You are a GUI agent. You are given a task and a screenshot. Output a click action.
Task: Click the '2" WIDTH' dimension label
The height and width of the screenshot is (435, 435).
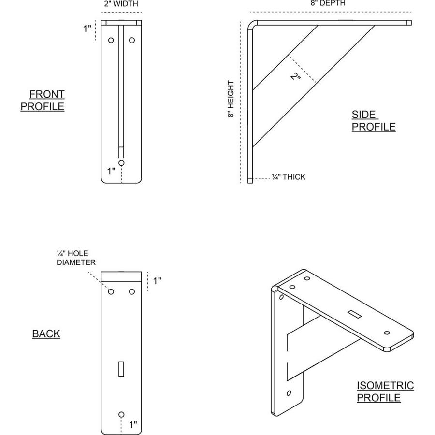[121, 4]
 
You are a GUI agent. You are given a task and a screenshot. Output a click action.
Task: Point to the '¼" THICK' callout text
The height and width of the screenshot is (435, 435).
[289, 177]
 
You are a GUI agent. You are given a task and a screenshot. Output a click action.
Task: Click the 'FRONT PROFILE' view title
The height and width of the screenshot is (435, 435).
[43, 100]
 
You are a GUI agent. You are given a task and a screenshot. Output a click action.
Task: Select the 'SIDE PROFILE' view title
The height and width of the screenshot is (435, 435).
[373, 121]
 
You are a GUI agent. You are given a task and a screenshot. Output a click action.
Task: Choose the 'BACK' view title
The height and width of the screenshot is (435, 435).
[46, 334]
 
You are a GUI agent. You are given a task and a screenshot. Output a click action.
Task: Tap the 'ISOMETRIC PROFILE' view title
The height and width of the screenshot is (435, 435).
[385, 391]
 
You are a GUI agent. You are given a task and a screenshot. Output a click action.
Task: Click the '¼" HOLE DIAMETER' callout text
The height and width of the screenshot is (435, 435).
[76, 258]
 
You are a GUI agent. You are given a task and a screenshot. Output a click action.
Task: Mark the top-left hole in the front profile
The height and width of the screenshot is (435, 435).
[111, 41]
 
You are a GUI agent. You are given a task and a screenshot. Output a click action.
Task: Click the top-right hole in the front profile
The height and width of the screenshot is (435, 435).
[131, 41]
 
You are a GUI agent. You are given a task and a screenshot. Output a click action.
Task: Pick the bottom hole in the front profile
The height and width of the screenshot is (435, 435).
[121, 163]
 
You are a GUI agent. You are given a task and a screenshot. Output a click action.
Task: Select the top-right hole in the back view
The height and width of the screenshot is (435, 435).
[131, 292]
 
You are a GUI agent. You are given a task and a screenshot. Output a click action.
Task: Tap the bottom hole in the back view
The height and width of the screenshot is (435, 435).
[121, 414]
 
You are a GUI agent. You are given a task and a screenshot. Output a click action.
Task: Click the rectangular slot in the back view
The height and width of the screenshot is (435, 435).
[121, 369]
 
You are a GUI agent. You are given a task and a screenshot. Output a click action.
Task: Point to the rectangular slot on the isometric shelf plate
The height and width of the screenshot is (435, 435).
[356, 315]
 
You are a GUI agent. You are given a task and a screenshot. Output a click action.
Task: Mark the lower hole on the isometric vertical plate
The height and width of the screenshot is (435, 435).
[289, 392]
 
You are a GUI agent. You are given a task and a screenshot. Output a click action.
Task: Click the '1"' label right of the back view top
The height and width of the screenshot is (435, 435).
[157, 281]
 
